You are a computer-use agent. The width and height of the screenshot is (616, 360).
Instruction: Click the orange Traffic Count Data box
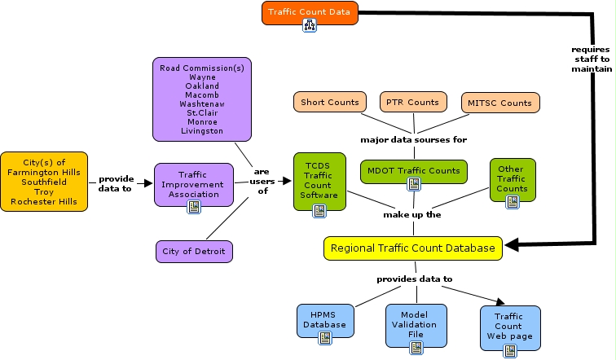pyautogui.click(x=310, y=12)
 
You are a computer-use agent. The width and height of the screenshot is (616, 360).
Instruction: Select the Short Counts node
pyautogui.click(x=329, y=103)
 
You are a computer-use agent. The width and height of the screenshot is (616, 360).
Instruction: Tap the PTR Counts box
pyautogui.click(x=412, y=103)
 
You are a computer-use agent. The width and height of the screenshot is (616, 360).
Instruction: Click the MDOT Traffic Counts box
pyautogui.click(x=413, y=171)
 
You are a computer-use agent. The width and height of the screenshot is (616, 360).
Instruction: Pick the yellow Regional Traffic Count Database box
pyautogui.click(x=413, y=248)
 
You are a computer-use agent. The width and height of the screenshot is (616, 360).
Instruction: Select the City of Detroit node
pyautogui.click(x=194, y=252)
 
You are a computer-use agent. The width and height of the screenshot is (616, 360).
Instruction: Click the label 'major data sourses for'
pyautogui.click(x=413, y=139)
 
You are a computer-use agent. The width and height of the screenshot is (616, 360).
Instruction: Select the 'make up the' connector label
pyautogui.click(x=412, y=215)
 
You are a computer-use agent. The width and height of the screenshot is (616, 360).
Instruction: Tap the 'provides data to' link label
pyautogui.click(x=414, y=279)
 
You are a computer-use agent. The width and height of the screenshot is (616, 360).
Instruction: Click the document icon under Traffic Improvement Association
pyautogui.click(x=194, y=207)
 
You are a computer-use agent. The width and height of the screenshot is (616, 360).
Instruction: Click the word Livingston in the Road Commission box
pyautogui.click(x=202, y=130)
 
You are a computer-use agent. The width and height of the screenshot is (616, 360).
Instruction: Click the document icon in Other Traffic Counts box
pyautogui.click(x=512, y=202)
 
